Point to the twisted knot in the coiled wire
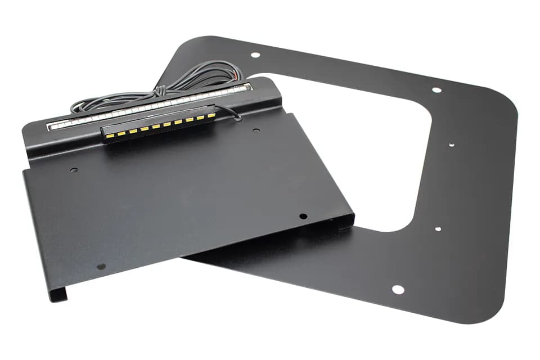(x=161, y=90)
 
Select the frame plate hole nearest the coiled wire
(x=255, y=55)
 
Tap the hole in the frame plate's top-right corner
(x=436, y=89)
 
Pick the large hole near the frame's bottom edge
(x=398, y=290)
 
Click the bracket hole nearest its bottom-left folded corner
(x=101, y=266)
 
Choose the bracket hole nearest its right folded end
(x=303, y=216)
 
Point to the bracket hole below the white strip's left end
(x=74, y=169)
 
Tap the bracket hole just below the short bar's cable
(x=256, y=130)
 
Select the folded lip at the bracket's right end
(x=346, y=222)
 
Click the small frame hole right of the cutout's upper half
(x=451, y=144)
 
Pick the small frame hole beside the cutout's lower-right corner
(x=437, y=229)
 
